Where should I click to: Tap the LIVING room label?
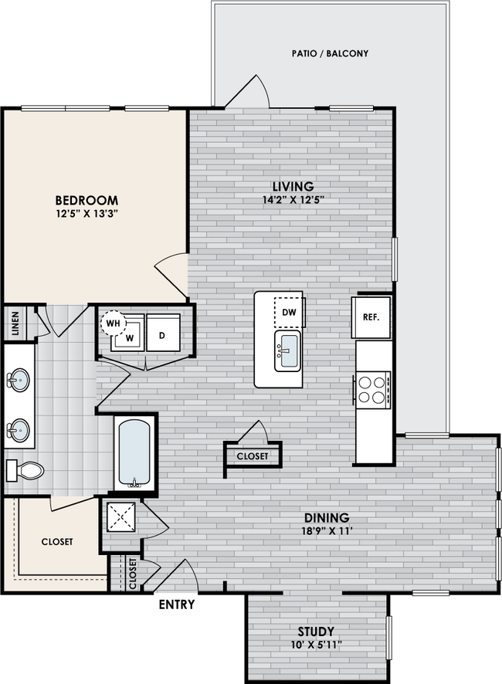[x=293, y=186]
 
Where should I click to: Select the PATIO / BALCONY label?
[x=330, y=54]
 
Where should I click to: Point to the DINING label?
[x=326, y=518]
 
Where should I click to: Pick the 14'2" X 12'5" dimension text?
[x=293, y=200]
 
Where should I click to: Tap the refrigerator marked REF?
[x=372, y=317]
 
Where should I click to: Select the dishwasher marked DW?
[x=290, y=312]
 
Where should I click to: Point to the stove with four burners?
[x=372, y=388]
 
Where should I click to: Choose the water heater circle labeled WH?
[x=113, y=322]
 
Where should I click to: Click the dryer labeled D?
[x=163, y=334]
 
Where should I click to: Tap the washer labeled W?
[x=130, y=338]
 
